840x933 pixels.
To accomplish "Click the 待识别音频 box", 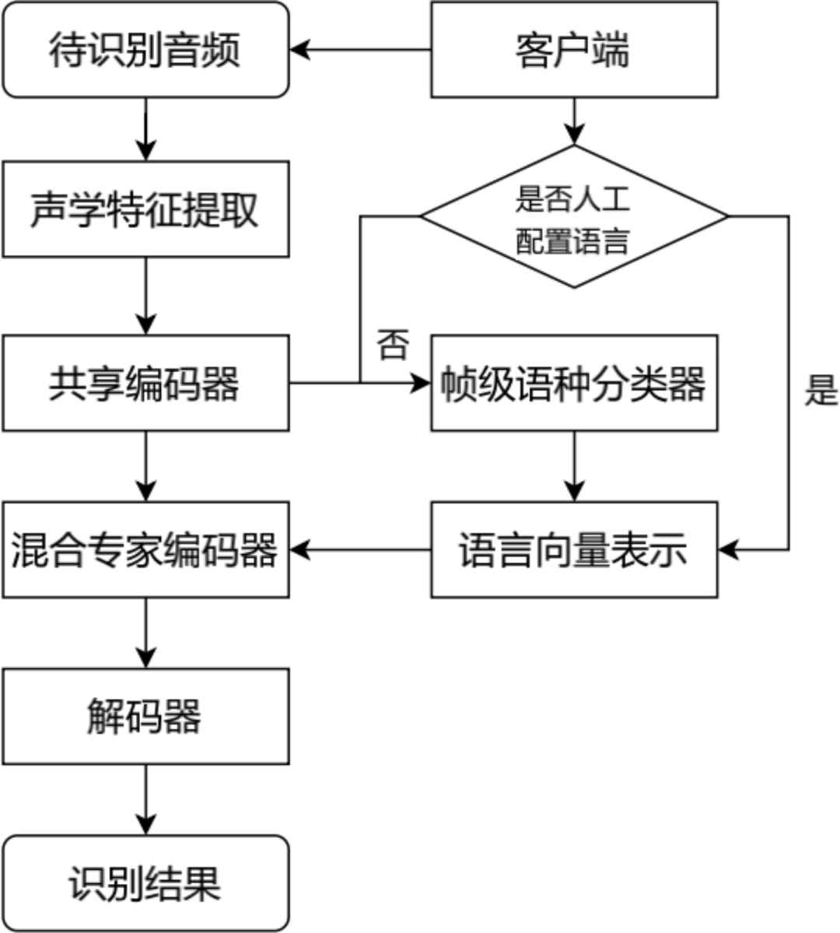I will [145, 50].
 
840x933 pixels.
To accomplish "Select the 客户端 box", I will [574, 50].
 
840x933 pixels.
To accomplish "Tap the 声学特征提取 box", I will [145, 209].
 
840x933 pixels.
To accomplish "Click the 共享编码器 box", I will [145, 383].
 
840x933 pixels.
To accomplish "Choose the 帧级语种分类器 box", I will [574, 383].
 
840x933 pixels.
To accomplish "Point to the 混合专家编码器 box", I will [145, 549].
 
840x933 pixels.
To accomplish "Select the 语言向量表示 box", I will [574, 549].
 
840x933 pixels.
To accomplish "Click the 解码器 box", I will [145, 716].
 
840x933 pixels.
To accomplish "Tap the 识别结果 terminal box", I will [145, 883].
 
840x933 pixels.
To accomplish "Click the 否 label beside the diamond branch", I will [393, 345].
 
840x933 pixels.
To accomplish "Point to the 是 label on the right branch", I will [821, 390].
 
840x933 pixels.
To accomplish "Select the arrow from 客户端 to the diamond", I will [574, 121].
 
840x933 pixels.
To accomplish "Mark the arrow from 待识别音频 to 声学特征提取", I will [145, 129].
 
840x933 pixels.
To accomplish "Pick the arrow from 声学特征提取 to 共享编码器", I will [145, 296].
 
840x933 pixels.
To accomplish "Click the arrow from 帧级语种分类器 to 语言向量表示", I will [574, 466].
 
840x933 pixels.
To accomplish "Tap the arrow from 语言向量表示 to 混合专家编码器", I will [360, 549].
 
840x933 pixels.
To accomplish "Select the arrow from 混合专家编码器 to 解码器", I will [145, 633].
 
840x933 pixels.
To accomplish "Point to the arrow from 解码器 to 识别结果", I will [145, 800].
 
